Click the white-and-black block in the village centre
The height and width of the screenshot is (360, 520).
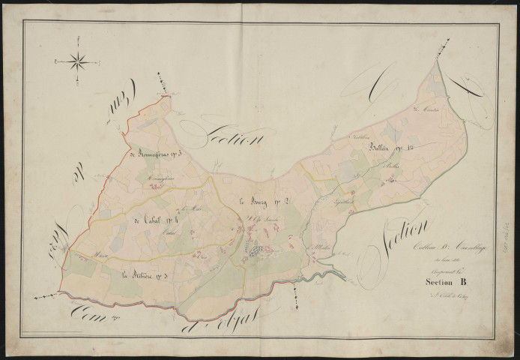click(x=258, y=250)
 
